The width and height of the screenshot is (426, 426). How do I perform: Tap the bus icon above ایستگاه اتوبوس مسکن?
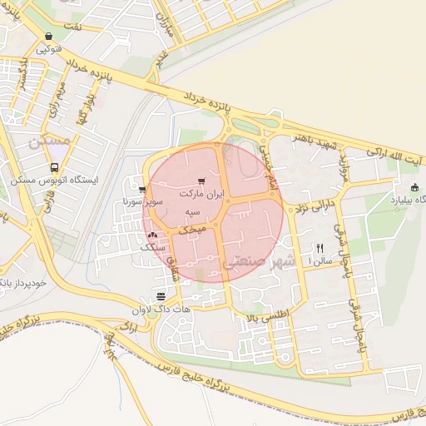(54, 166)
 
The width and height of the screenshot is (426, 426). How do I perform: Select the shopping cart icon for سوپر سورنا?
(143, 189)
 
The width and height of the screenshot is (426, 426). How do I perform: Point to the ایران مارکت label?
(203, 193)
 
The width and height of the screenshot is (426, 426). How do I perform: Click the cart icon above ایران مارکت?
(202, 181)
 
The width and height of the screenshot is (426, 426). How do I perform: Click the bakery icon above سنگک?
(152, 236)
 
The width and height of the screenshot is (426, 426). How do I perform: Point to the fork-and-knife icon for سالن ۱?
(319, 248)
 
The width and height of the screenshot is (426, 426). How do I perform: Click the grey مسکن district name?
(49, 142)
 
